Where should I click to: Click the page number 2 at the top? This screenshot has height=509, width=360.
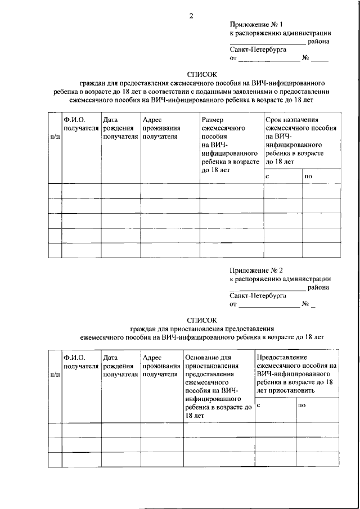(x=191, y=16)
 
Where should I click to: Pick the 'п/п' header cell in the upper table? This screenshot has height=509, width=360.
(x=55, y=137)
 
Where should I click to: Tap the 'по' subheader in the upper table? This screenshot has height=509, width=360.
(x=308, y=177)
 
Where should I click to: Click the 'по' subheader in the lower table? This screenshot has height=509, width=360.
(x=302, y=406)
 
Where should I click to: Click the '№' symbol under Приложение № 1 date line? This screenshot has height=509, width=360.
(x=306, y=58)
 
